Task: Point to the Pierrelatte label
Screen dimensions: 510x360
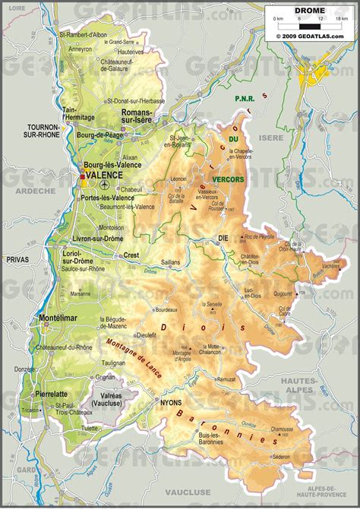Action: coord(54,394)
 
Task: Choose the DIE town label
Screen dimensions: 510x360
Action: coord(223,238)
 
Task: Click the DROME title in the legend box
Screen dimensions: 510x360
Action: coord(310,10)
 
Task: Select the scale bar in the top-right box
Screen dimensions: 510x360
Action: coord(311,26)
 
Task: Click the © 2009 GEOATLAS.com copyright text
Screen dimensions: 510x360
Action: coord(311,35)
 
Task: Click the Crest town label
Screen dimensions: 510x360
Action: coord(132,255)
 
